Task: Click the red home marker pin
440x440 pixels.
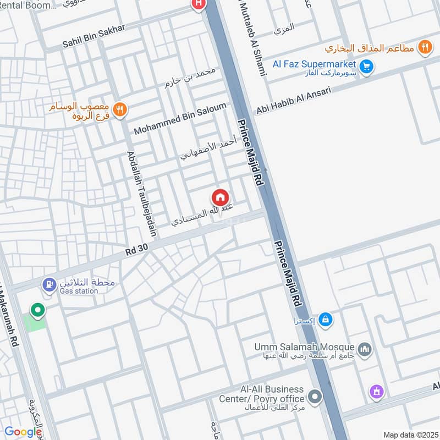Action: (x=220, y=197)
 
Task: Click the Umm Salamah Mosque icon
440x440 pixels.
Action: (x=365, y=349)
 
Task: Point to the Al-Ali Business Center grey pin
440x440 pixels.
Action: (x=315, y=396)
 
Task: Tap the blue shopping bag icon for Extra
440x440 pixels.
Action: (x=326, y=319)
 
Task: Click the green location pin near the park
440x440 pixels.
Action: (x=37, y=310)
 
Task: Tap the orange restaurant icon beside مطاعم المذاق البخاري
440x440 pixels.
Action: (x=424, y=47)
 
